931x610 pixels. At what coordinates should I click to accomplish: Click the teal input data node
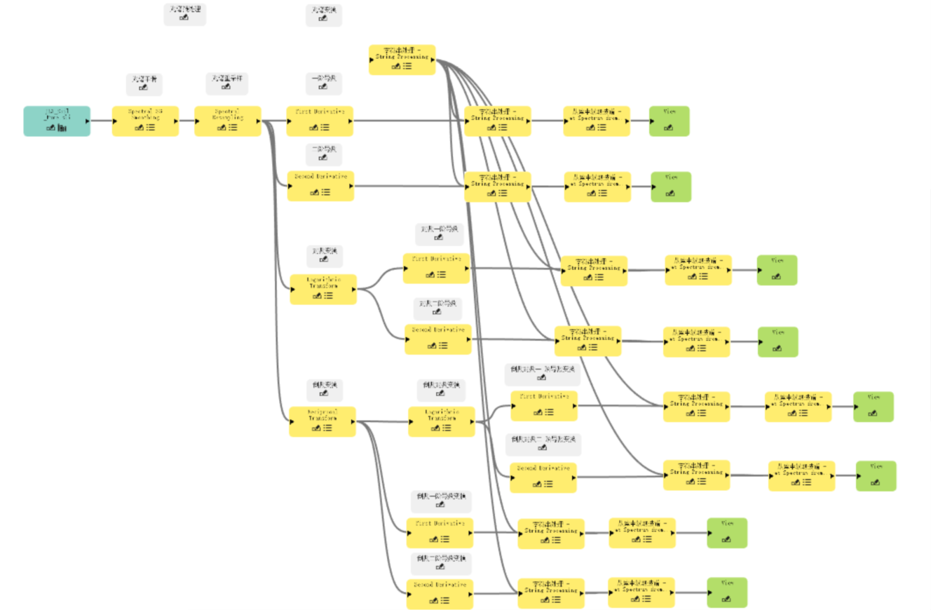point(57,121)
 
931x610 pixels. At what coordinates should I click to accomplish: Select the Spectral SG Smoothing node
point(145,121)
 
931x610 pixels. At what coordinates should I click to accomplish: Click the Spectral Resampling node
point(227,121)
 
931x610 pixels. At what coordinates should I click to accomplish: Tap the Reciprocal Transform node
point(322,421)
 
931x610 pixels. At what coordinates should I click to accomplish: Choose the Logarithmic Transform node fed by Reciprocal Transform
point(441,421)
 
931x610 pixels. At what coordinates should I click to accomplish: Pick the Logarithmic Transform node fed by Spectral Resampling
point(323,289)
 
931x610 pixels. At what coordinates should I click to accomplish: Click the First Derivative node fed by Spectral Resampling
point(320,121)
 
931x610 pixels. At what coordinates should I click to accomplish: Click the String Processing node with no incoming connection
point(402,60)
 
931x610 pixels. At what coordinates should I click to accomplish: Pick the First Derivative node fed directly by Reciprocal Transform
point(440,533)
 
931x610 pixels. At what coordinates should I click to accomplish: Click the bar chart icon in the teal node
point(62,128)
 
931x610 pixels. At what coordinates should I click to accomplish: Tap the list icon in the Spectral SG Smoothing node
point(151,128)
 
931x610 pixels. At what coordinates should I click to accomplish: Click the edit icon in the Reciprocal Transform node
point(317,428)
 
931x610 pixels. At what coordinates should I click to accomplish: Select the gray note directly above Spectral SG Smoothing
point(144,83)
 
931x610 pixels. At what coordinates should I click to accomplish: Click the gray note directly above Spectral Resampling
point(226,83)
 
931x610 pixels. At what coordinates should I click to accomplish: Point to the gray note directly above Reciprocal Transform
point(323,388)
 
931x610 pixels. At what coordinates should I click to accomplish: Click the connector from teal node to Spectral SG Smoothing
point(101,121)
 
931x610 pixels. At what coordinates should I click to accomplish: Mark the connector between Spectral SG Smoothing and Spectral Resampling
point(186,121)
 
